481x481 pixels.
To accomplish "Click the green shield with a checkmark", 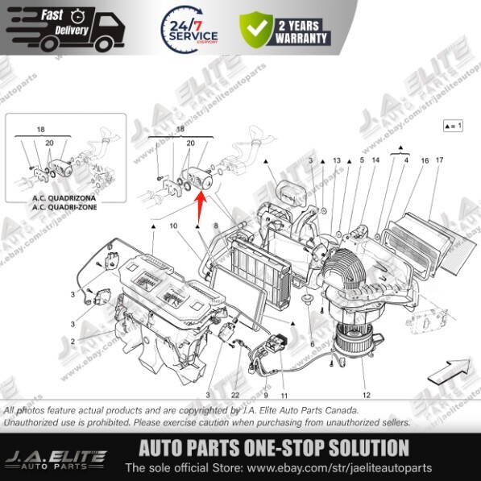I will point(256,31).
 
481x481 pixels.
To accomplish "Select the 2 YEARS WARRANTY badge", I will point(303,31).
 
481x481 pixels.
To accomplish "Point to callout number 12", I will point(366,395).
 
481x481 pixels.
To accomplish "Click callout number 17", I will point(439,161).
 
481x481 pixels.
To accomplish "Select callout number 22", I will point(235,395).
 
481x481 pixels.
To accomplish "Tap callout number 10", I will point(173,226).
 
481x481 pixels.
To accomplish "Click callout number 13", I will point(337,161).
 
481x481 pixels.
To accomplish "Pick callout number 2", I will point(73,342).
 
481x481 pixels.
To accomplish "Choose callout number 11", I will point(284,395).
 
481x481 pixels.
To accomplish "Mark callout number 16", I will point(424,161).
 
